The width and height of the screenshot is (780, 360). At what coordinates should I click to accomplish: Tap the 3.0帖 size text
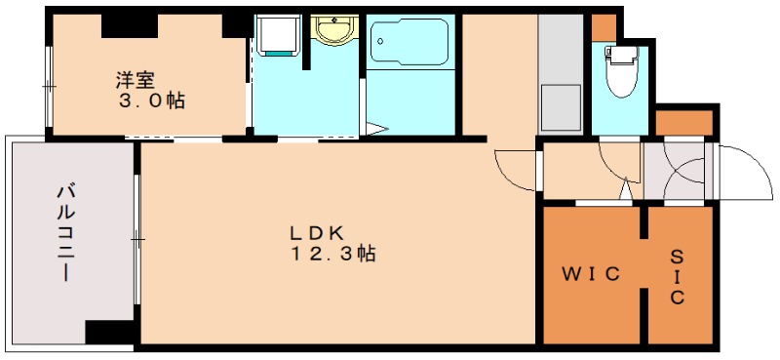click(152, 100)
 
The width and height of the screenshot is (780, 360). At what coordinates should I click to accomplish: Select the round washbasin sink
click(334, 30)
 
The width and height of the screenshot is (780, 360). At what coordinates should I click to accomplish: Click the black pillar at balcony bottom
click(109, 332)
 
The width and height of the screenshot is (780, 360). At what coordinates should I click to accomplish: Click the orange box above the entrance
click(684, 122)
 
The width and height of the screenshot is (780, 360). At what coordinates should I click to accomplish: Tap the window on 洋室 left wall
click(49, 87)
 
